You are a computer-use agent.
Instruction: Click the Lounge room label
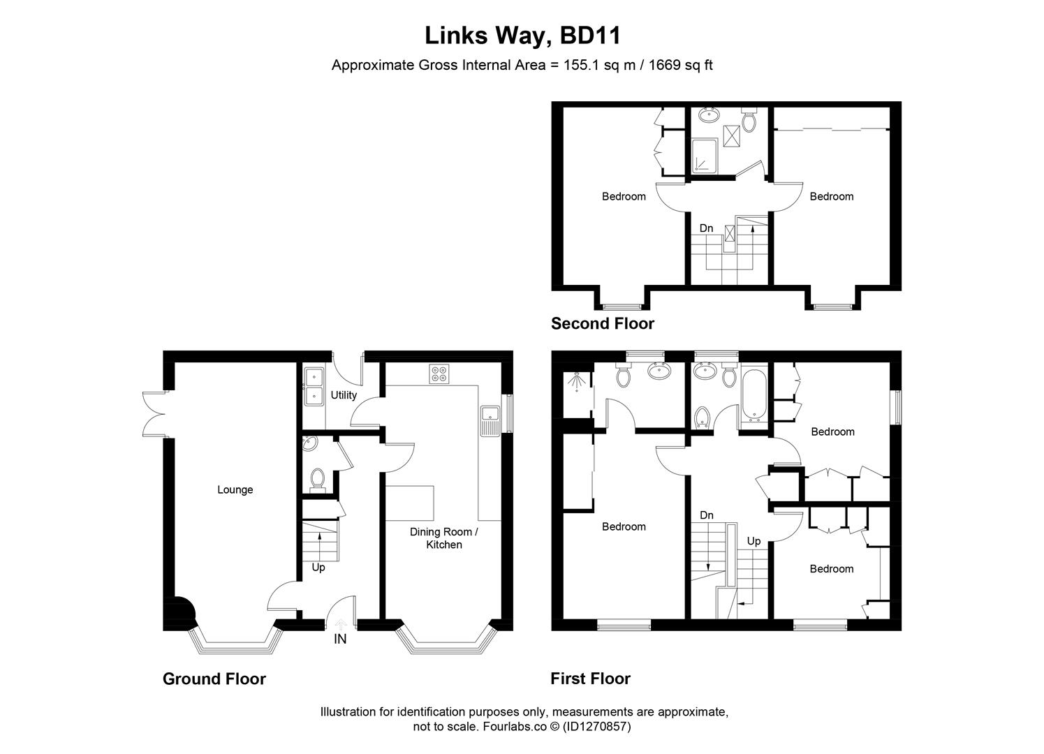pyautogui.click(x=235, y=489)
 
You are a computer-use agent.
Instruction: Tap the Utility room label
pyautogui.click(x=344, y=395)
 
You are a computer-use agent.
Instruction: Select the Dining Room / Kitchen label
pyautogui.click(x=443, y=538)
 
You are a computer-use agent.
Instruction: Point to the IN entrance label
pyautogui.click(x=340, y=639)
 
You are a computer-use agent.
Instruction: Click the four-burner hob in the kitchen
pyautogui.click(x=439, y=374)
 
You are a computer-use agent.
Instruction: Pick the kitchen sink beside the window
pyautogui.click(x=488, y=421)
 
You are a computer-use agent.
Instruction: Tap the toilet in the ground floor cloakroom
pyautogui.click(x=318, y=479)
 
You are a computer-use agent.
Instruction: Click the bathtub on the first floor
pyautogui.click(x=753, y=396)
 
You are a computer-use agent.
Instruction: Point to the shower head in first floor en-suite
pyautogui.click(x=576, y=382)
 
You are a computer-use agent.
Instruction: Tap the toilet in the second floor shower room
pyautogui.click(x=749, y=121)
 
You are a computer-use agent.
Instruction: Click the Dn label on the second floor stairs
pyautogui.click(x=706, y=228)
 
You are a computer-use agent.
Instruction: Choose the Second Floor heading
pyautogui.click(x=602, y=323)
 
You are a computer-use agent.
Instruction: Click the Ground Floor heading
pyautogui.click(x=214, y=679)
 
